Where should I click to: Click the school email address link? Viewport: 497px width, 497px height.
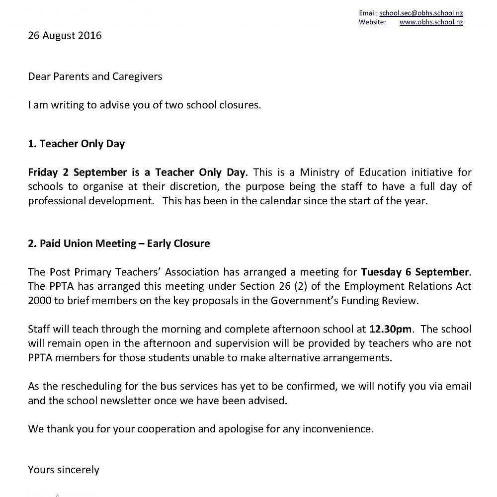click(x=420, y=13)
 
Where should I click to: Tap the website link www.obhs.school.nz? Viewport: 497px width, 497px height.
click(x=431, y=22)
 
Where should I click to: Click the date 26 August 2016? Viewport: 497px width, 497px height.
click(x=65, y=36)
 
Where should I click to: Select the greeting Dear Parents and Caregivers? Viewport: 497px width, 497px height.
click(x=95, y=77)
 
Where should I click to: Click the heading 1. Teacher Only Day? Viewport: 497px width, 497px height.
click(x=77, y=144)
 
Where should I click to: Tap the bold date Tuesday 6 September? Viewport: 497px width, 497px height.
click(x=415, y=272)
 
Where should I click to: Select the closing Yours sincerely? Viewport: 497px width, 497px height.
click(x=64, y=470)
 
